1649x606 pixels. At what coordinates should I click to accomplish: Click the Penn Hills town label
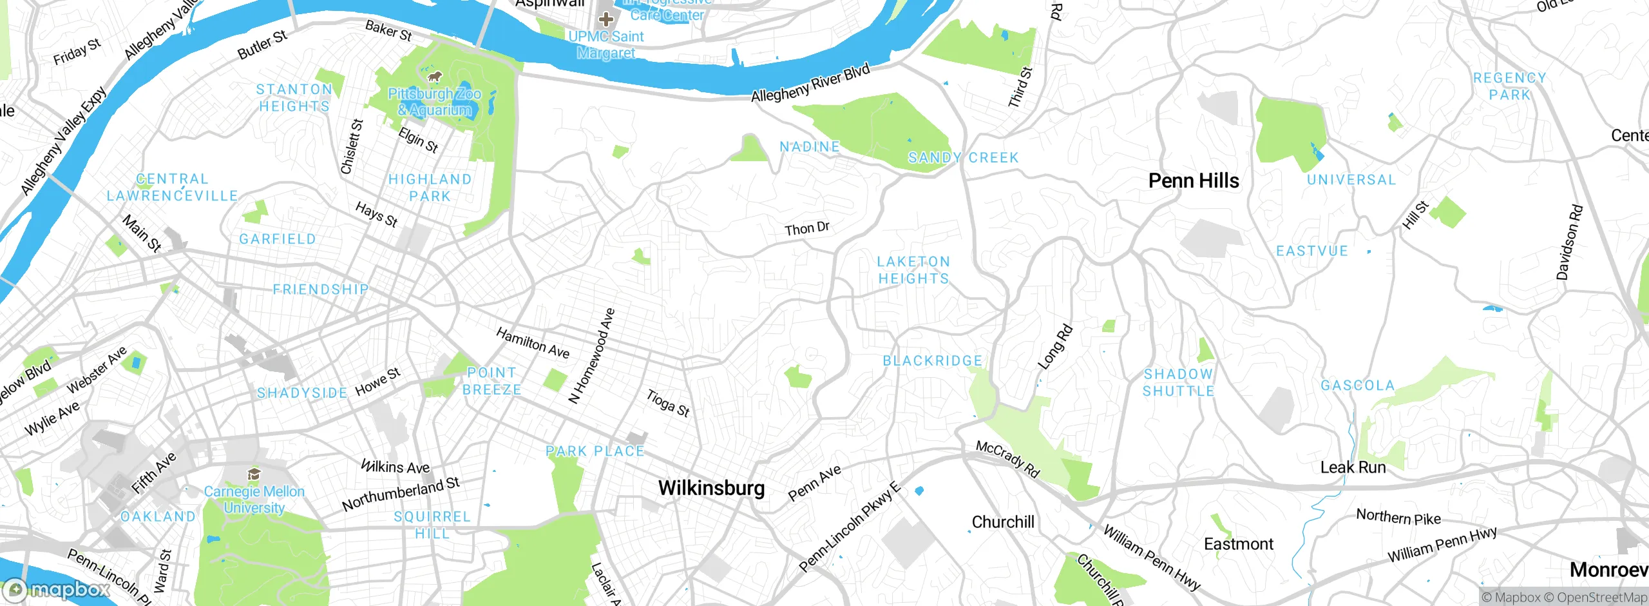[1193, 181]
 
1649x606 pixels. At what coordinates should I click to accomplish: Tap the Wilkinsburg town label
[711, 488]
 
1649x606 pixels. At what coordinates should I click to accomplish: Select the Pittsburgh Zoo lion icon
[434, 77]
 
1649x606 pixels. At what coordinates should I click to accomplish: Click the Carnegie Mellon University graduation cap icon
[254, 475]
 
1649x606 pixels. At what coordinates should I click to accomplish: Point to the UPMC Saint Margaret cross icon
[605, 19]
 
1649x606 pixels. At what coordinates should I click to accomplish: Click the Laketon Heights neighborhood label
[913, 270]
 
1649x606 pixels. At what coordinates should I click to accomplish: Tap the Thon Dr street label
[806, 228]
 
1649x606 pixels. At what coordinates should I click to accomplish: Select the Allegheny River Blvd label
[810, 83]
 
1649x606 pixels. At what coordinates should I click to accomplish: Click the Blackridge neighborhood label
[932, 361]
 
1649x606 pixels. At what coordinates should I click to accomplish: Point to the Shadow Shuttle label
[1178, 382]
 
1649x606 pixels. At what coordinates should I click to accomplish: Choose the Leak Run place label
[1353, 467]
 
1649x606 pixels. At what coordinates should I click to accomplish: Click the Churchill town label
[1002, 522]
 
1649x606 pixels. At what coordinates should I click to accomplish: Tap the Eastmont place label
[1238, 544]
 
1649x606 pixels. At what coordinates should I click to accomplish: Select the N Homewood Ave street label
[591, 357]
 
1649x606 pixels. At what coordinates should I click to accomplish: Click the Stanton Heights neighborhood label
[294, 97]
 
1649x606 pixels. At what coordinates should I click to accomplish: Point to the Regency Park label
[1509, 86]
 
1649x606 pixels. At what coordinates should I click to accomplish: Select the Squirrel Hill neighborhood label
[432, 525]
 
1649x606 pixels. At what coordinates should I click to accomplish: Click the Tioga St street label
[667, 404]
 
